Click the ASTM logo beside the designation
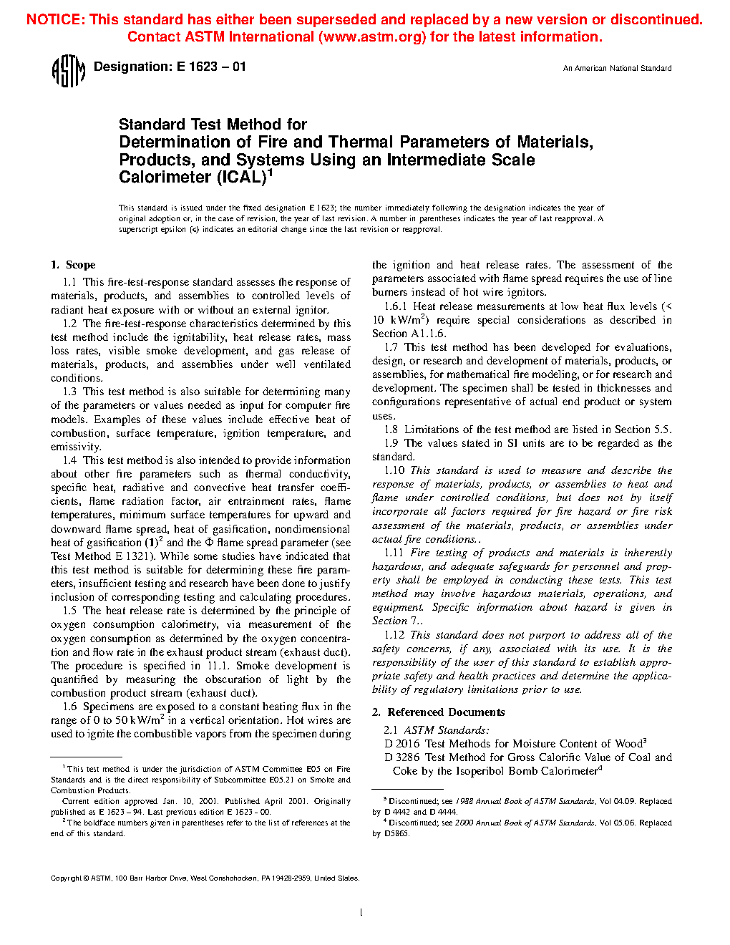tap(69, 71)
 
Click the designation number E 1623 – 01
tap(211, 67)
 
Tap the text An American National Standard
tap(617, 69)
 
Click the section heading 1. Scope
tap(73, 265)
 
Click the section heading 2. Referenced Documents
tap(438, 712)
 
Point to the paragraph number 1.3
tap(69, 392)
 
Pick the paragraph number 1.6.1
tap(396, 306)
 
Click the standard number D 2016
tap(401, 744)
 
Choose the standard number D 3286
tap(401, 757)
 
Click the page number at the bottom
tap(361, 912)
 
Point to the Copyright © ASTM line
tap(205, 878)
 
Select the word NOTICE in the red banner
tap(54, 20)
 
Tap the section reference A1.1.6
tap(428, 334)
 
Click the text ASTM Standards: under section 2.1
tap(447, 730)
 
